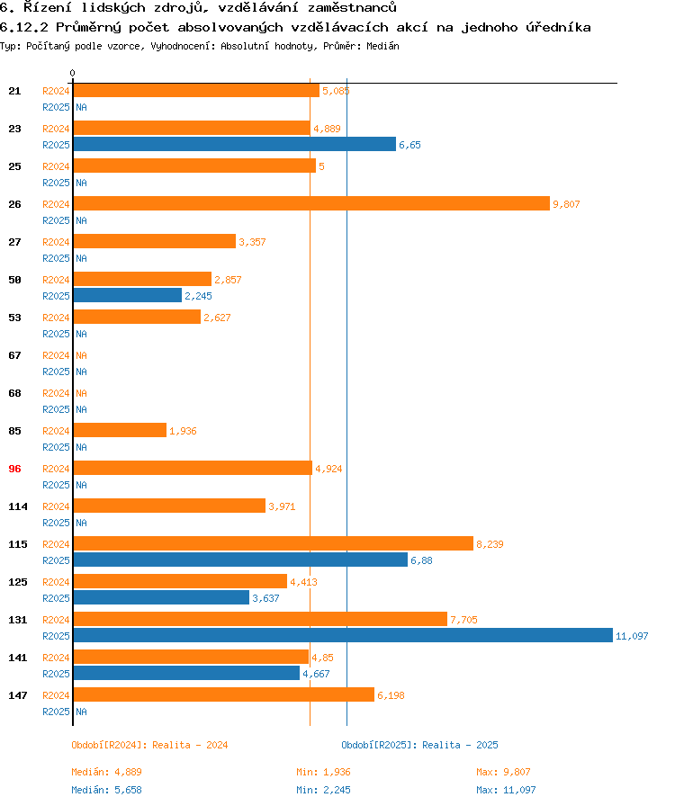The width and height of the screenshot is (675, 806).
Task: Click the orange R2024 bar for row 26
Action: (310, 203)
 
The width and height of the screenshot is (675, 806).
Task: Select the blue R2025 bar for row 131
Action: (342, 635)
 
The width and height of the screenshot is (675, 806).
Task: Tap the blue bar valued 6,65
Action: (234, 144)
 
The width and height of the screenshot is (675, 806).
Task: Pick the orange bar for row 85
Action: (120, 430)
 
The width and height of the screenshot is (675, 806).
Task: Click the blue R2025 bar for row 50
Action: (127, 295)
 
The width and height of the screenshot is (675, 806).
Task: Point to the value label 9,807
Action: (566, 204)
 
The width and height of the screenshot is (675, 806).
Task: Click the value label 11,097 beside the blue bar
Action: (632, 636)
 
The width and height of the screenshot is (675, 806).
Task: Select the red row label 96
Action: (14, 469)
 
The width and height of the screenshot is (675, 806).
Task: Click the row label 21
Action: (14, 91)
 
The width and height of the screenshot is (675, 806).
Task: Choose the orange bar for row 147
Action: (223, 694)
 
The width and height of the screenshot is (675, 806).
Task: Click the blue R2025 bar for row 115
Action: (240, 560)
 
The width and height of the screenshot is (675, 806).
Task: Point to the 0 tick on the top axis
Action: (73, 73)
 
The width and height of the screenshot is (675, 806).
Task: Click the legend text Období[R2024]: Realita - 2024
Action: (149, 745)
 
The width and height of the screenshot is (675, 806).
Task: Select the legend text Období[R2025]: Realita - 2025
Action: (419, 745)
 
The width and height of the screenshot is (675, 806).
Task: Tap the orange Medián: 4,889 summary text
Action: (106, 772)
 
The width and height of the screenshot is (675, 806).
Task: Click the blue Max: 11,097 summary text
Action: (506, 790)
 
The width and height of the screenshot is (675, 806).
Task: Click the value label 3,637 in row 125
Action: (265, 598)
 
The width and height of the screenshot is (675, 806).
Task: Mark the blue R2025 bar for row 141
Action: (186, 673)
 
